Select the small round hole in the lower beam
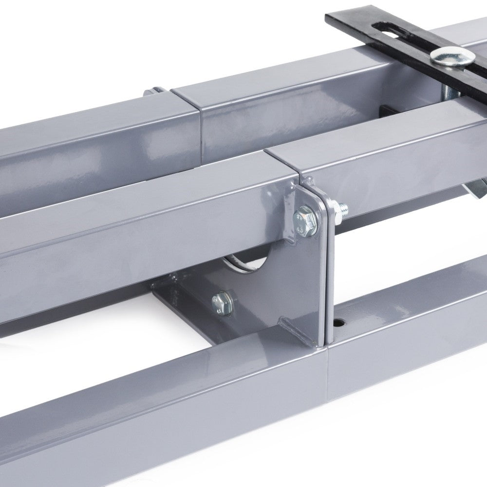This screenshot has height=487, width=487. tap(338, 323)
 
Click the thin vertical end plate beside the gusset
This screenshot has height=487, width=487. tap(328, 273)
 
